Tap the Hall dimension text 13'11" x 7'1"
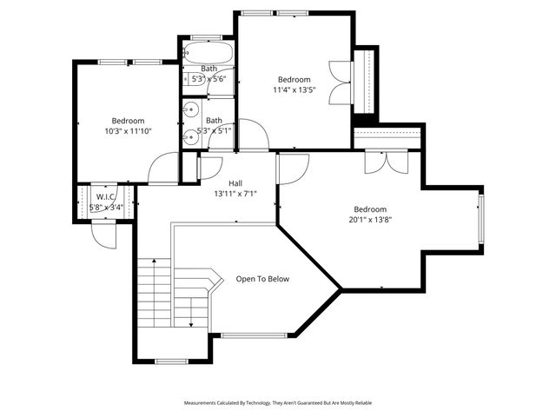pos(235,195)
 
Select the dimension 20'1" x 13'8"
pos(370,220)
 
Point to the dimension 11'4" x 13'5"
pos(295,89)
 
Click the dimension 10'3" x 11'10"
pos(128,131)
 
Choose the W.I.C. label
pos(106,197)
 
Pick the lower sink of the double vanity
pos(191,136)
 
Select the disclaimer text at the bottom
pos(278,403)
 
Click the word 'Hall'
pos(235,183)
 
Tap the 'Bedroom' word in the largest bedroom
pos(370,208)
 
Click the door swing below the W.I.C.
pos(104,235)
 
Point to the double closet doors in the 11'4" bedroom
pos(339,83)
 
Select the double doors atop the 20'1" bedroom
pos(385,160)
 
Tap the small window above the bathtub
pos(208,36)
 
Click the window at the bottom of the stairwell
pos(171,361)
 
